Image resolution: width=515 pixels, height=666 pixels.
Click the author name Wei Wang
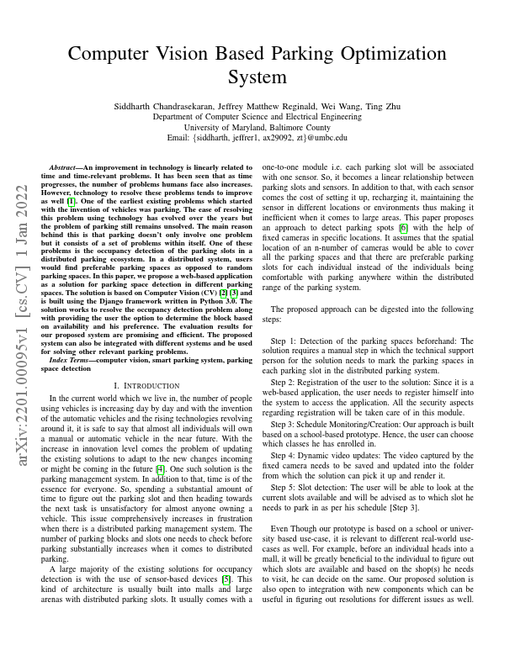(x=334, y=106)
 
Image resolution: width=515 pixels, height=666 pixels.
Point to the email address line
(x=257, y=137)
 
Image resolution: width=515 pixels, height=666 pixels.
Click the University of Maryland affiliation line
(x=257, y=127)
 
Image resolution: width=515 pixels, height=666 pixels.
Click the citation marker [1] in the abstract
(x=72, y=202)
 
